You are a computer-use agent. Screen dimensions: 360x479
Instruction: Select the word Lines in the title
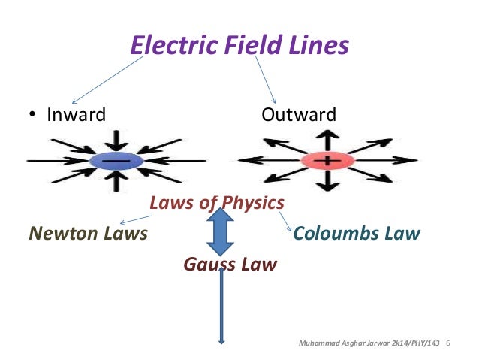(318, 45)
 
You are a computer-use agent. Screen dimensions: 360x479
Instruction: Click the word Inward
(76, 116)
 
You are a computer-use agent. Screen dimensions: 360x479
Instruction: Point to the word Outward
(299, 116)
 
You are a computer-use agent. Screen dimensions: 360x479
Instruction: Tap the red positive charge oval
(327, 161)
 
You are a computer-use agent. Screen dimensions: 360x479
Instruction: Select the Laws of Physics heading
(216, 203)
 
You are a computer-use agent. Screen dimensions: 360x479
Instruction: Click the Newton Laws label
(87, 233)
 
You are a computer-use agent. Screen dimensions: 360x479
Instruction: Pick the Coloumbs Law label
(357, 233)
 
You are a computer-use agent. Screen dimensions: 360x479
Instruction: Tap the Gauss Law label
(230, 265)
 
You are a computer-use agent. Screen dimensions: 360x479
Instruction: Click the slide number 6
(447, 344)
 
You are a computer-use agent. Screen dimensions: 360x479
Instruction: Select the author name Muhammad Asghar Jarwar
(339, 344)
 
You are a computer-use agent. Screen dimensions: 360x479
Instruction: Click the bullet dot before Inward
(32, 116)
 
